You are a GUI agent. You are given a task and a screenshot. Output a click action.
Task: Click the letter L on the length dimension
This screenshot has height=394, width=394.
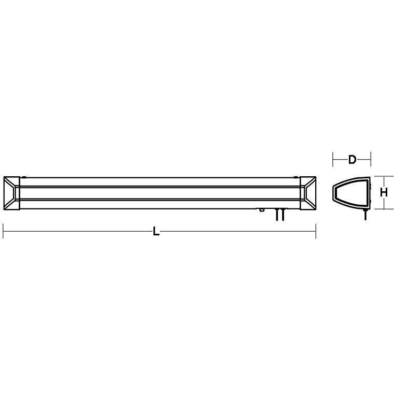coord(156,232)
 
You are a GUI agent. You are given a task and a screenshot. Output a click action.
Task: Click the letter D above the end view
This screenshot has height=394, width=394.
coord(352,159)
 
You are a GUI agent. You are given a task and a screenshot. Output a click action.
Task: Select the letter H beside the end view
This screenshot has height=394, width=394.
coord(384,192)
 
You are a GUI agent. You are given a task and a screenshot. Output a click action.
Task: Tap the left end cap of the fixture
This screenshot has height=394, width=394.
coord(11,193)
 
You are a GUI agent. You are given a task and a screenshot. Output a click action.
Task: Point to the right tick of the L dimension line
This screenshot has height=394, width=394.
coord(316,232)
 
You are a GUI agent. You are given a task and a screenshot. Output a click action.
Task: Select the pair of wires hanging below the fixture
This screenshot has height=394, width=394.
coord(280,215)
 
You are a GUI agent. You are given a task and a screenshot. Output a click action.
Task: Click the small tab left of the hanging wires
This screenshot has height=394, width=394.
coord(262,210)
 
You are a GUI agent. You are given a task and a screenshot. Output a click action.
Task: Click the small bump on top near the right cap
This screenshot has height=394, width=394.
coord(297,176)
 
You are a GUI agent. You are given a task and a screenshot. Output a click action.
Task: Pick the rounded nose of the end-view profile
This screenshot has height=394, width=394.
coord(334,193)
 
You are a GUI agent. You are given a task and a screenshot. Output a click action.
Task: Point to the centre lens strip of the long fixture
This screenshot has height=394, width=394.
coord(160,192)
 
